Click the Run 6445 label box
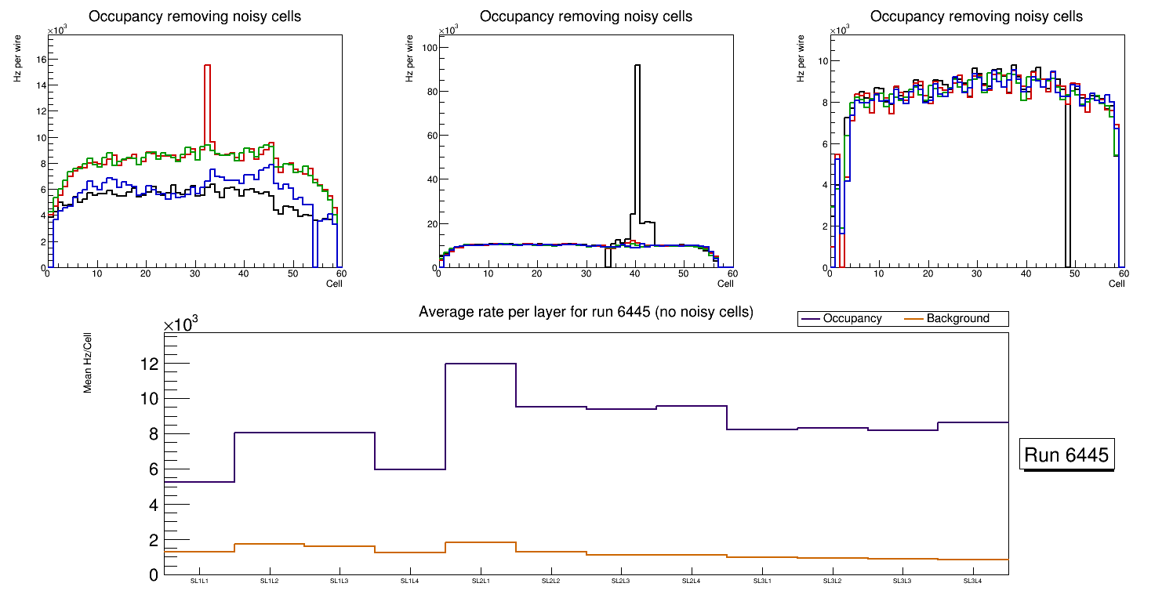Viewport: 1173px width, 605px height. (x=1066, y=455)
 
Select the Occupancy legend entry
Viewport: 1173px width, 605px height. (x=852, y=319)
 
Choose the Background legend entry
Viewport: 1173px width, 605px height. (x=957, y=319)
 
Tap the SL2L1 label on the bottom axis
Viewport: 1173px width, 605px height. (x=480, y=581)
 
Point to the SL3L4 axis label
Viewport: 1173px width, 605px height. (x=972, y=581)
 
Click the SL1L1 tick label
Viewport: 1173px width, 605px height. (x=199, y=581)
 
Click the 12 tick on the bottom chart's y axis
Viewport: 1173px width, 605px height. (x=149, y=364)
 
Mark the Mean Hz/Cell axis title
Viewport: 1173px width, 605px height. (x=89, y=365)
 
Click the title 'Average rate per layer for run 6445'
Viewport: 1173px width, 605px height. (x=586, y=312)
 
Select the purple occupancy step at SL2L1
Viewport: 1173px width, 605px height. (x=480, y=364)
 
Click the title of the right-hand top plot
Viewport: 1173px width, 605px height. (x=976, y=16)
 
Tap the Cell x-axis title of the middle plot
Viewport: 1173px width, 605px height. (x=725, y=284)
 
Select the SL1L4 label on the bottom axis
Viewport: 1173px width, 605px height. (x=410, y=581)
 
